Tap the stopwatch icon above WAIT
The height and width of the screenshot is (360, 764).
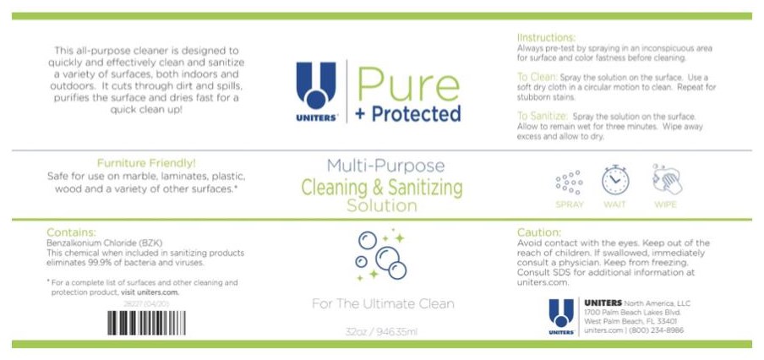tap(615, 179)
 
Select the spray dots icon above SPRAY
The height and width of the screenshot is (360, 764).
tap(569, 182)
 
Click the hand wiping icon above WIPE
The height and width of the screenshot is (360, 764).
tap(667, 179)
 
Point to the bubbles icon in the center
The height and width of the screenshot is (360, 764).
tap(379, 254)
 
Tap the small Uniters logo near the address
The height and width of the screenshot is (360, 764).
tap(561, 316)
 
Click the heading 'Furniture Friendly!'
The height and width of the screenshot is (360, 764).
tap(147, 162)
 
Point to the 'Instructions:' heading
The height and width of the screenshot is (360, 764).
tap(546, 38)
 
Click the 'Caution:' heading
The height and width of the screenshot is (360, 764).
tap(539, 232)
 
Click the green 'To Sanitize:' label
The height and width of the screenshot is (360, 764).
tap(543, 116)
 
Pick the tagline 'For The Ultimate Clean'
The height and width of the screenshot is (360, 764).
tap(383, 303)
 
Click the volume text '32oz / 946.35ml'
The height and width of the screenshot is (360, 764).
tap(383, 331)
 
